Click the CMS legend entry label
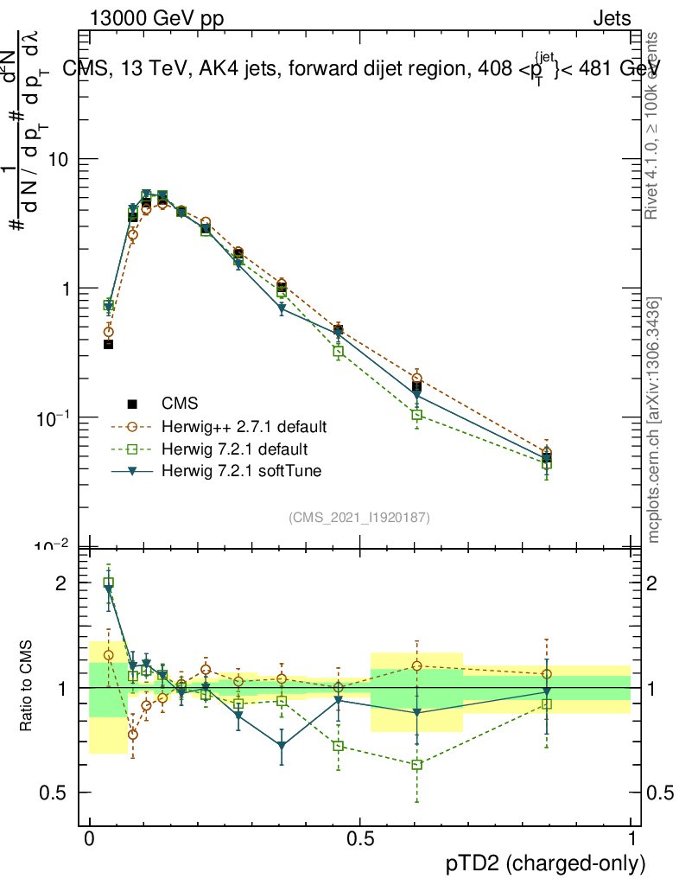180,404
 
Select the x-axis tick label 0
89,838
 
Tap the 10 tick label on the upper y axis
59,160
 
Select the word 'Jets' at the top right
612,18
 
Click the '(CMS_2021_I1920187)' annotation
359,517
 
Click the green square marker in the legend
133,449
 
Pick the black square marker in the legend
133,404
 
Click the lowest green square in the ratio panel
417,765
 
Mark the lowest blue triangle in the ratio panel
282,745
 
